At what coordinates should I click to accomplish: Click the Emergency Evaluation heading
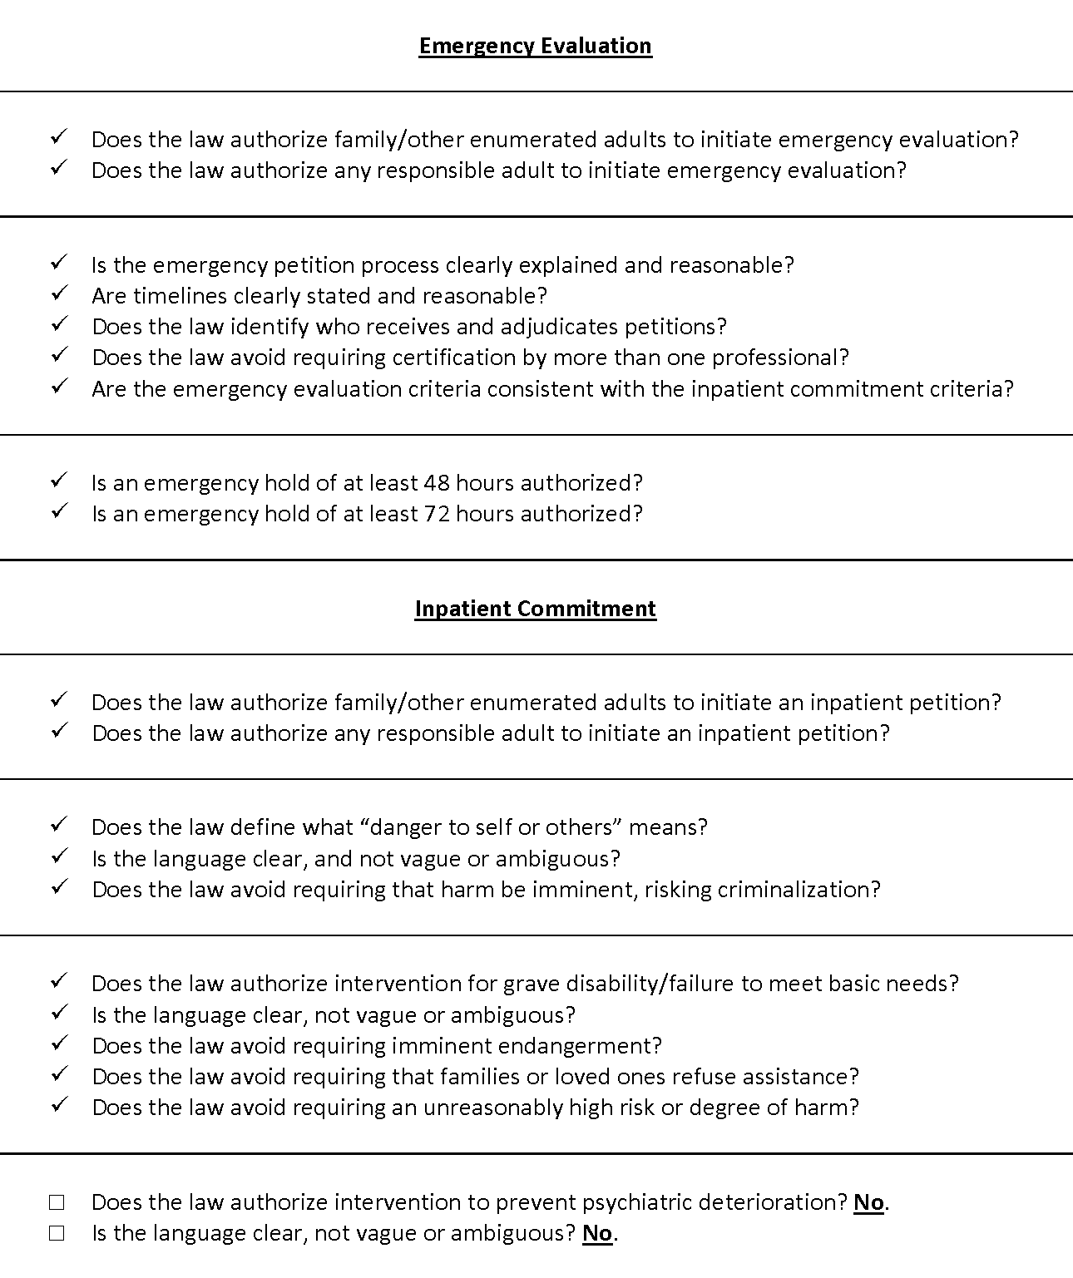point(535,46)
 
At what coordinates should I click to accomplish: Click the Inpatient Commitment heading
point(535,609)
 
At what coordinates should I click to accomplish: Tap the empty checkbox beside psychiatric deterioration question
point(57,1202)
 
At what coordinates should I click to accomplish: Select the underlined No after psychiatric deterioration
point(868,1202)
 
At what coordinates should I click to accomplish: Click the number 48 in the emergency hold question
point(437,483)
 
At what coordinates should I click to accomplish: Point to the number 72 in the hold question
point(437,514)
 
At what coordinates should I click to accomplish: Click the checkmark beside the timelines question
point(58,294)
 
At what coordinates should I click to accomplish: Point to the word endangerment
point(589,1046)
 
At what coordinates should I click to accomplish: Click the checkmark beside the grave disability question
point(58,982)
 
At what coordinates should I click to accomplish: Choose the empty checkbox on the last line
point(57,1233)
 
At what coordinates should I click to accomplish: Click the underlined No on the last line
point(597,1233)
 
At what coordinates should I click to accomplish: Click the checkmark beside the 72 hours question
point(58,512)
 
